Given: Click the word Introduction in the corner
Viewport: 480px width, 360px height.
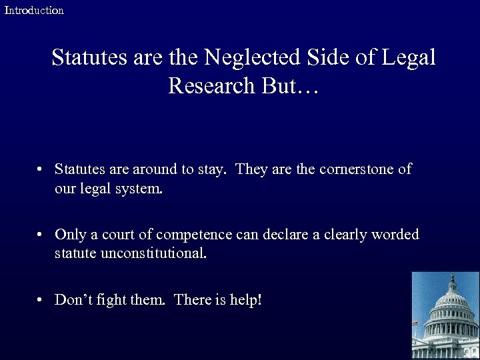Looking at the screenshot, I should click(x=34, y=10).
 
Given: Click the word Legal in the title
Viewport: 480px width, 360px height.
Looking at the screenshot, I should click(x=409, y=57).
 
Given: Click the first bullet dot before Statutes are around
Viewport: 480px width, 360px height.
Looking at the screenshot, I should click(x=41, y=169).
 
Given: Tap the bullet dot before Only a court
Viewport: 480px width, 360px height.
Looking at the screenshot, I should click(x=41, y=235).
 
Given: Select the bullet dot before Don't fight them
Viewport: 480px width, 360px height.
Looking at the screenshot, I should click(x=41, y=300).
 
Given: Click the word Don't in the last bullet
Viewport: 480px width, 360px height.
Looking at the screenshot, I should click(x=71, y=300).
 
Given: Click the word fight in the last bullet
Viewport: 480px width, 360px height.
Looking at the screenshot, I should click(x=109, y=300).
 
